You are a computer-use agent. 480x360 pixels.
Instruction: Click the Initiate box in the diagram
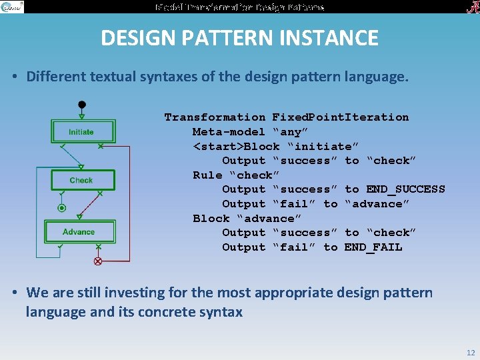pyautogui.click(x=81, y=131)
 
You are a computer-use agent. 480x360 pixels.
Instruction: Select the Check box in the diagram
pyautogui.click(x=81, y=180)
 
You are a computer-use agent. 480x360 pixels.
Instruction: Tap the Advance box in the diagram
pyautogui.click(x=79, y=231)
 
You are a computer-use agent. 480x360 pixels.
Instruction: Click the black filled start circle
pyautogui.click(x=81, y=105)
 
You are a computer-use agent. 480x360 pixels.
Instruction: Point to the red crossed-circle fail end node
pyautogui.click(x=98, y=261)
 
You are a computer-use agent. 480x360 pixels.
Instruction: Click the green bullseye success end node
pyautogui.click(x=62, y=209)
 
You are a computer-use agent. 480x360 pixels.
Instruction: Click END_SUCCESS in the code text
pyautogui.click(x=395, y=189)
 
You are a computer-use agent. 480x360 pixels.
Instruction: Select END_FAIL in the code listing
pyautogui.click(x=373, y=247)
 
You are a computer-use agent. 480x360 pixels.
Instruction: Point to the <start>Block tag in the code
pyautogui.click(x=237, y=146)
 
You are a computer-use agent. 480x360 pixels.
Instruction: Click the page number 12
pyautogui.click(x=471, y=353)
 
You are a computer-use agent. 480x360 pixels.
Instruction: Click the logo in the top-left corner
pyautogui.click(x=12, y=7)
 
